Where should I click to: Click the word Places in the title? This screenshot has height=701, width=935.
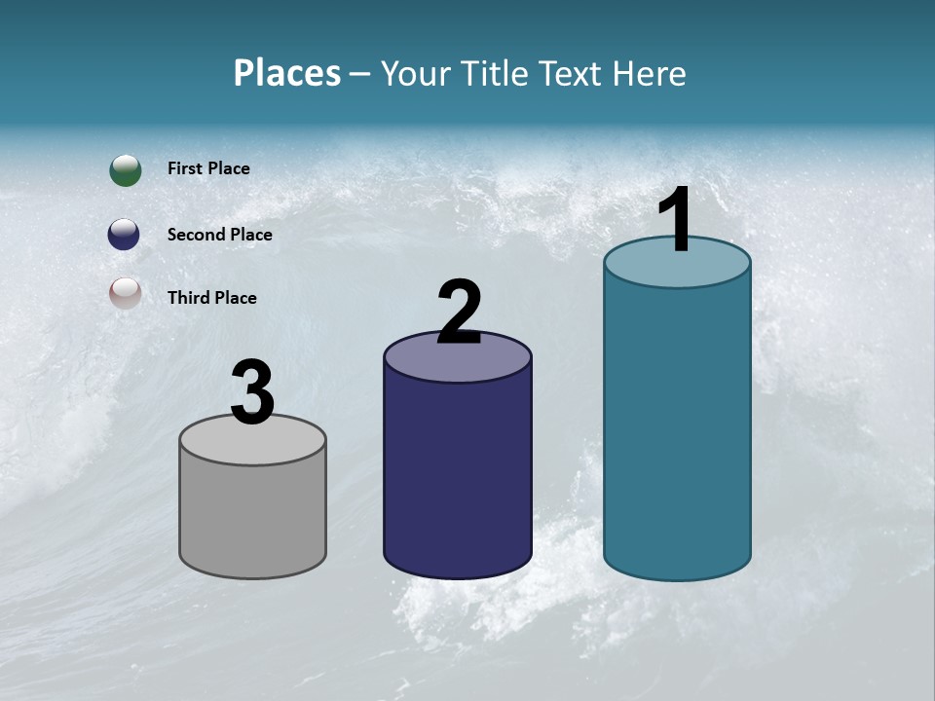pyautogui.click(x=287, y=73)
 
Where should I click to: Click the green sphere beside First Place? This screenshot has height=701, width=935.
pyautogui.click(x=126, y=169)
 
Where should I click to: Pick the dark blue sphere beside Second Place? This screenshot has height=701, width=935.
pyautogui.click(x=124, y=234)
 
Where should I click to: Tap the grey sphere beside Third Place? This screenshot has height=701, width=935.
pyautogui.click(x=126, y=293)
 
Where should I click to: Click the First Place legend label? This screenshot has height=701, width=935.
pyautogui.click(x=208, y=168)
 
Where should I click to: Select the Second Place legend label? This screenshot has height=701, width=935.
pyautogui.click(x=219, y=235)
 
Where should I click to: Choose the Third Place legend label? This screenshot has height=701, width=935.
pyautogui.click(x=211, y=298)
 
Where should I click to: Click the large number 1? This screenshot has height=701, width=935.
pyautogui.click(x=676, y=222)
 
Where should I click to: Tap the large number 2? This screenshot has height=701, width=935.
pyautogui.click(x=459, y=313)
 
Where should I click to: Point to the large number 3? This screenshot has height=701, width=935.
pyautogui.click(x=252, y=393)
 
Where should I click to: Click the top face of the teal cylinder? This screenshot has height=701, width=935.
pyautogui.click(x=677, y=268)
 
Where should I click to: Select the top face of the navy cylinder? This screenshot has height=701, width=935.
pyautogui.click(x=458, y=359)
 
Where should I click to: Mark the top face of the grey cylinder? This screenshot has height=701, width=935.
pyautogui.click(x=252, y=443)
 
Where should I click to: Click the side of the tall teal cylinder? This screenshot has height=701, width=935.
pyautogui.click(x=677, y=428)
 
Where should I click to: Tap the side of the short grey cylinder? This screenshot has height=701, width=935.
pyautogui.click(x=252, y=516)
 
